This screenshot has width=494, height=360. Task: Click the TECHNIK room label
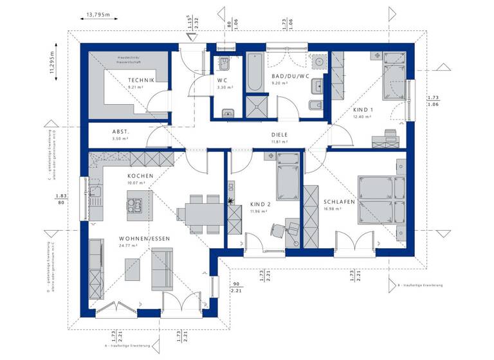point(142,80)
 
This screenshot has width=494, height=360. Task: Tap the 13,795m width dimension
point(98,14)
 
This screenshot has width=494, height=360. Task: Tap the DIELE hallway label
point(280,134)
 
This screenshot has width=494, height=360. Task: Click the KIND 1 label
point(362,109)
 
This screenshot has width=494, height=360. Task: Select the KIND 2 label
point(261,204)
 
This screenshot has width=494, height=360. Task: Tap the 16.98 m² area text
point(332,208)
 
